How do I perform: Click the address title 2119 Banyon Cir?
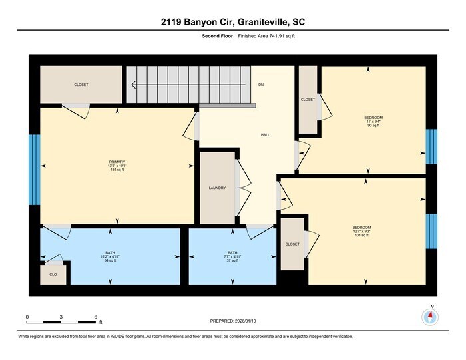click(x=232, y=22)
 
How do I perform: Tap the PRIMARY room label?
click(x=117, y=162)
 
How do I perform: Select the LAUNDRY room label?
click(x=217, y=188)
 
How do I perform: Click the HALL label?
click(x=265, y=135)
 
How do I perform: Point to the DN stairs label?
click(x=262, y=85)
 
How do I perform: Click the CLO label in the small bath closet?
click(x=53, y=273)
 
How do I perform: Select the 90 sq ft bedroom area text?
click(x=373, y=126)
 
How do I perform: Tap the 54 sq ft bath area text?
click(x=111, y=261)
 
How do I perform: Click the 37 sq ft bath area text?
click(x=232, y=261)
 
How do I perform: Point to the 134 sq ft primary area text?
click(x=117, y=170)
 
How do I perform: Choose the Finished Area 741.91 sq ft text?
click(x=266, y=36)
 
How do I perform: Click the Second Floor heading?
click(x=216, y=36)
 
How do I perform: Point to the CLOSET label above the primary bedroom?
click(x=81, y=85)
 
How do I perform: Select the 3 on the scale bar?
click(x=61, y=317)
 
